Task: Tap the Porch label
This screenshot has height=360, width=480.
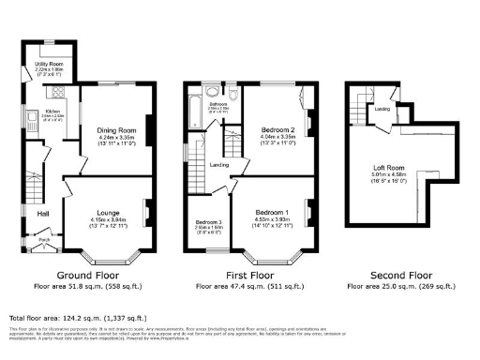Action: (43, 239)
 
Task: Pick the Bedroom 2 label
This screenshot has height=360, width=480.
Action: (280, 129)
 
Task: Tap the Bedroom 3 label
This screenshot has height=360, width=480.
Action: (206, 219)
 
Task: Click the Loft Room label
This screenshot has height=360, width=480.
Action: (386, 167)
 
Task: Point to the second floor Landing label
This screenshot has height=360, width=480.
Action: (382, 109)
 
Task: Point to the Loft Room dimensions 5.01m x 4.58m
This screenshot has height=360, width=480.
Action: (386, 173)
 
